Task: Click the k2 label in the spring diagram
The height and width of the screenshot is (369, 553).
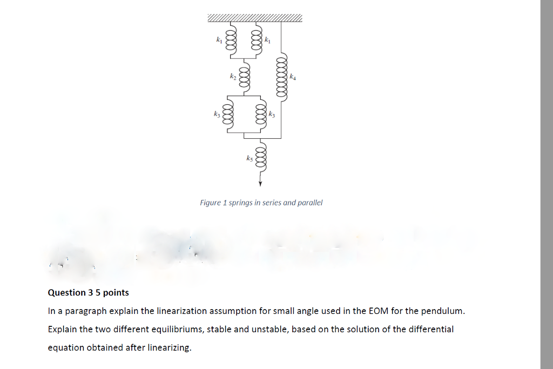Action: click(x=232, y=77)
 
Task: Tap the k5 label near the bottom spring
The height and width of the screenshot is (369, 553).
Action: click(x=249, y=158)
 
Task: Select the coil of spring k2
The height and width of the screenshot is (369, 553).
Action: click(x=244, y=77)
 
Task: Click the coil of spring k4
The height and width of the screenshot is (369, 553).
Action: click(x=281, y=77)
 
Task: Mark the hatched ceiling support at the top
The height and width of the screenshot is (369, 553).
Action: click(x=255, y=18)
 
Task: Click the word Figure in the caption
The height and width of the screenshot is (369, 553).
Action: click(x=210, y=203)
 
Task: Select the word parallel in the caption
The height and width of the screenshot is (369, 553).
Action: click(x=309, y=203)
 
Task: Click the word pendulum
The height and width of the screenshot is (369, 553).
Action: click(x=442, y=311)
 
